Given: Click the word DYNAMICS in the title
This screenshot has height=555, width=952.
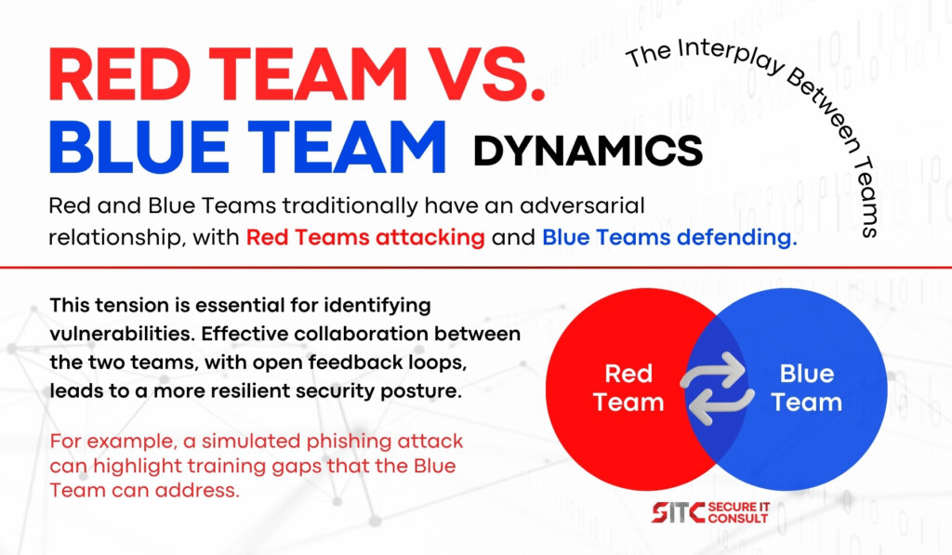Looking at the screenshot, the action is (588, 151).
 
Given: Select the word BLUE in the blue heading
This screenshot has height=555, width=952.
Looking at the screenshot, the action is (139, 147).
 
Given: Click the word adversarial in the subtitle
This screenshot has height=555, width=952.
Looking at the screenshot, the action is (582, 205).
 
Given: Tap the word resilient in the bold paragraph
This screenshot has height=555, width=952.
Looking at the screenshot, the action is (241, 390).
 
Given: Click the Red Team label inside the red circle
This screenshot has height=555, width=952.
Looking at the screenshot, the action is (628, 388).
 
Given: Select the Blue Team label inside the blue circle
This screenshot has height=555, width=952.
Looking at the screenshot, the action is (806, 388).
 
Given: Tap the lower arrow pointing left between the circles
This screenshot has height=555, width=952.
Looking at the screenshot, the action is (721, 405).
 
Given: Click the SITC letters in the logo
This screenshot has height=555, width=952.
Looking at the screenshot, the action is (678, 512).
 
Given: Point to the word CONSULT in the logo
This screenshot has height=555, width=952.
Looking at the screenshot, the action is (738, 519).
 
